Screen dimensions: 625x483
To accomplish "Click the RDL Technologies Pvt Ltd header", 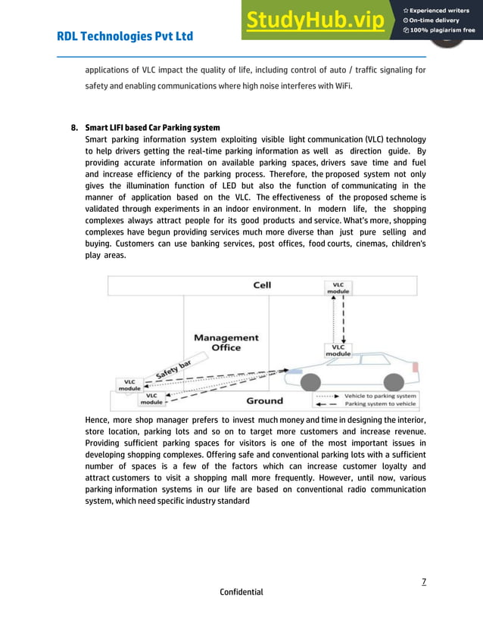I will pos(125,36).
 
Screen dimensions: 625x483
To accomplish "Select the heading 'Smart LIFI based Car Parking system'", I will pos(152,127).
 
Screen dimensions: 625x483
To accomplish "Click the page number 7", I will pos(423,580).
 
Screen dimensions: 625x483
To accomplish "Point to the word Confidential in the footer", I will pos(241,592).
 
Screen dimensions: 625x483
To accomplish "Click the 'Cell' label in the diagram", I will pos(262,285).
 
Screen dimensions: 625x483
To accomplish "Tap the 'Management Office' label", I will pos(226,342).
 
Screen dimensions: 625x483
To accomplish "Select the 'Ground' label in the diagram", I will pos(264,400).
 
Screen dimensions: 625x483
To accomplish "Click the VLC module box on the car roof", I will pos(338,350).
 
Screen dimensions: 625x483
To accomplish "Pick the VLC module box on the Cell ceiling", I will pos(338,287).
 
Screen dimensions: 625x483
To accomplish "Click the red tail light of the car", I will pos(415,368).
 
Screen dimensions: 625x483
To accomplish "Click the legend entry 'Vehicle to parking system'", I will pos(379,396).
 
